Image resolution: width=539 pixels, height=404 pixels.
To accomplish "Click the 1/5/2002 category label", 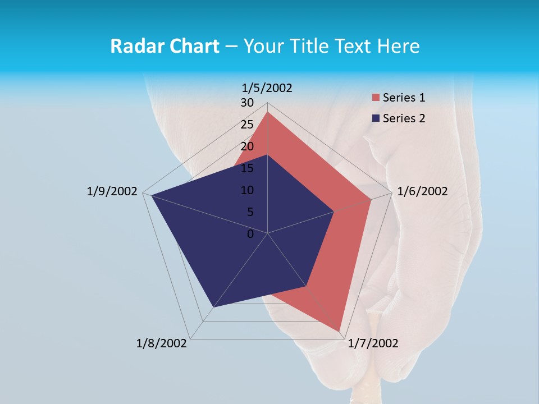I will tap(267, 88).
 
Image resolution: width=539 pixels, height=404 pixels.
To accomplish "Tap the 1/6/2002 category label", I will tap(422, 191).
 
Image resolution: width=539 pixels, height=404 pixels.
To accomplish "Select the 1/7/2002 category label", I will tap(373, 343).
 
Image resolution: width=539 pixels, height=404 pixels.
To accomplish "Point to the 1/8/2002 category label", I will tap(162, 343).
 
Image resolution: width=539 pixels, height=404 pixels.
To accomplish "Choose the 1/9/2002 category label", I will tap(112, 191).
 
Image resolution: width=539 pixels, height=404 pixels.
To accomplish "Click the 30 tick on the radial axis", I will tap(247, 103).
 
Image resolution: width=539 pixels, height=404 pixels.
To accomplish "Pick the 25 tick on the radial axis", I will tap(247, 125).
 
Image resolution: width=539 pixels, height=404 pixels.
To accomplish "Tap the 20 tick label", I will tap(247, 146).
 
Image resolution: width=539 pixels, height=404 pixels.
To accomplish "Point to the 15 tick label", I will tap(247, 168).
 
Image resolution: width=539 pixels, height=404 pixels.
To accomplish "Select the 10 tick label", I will tap(247, 190).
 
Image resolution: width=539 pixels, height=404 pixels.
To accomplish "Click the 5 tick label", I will tap(250, 212).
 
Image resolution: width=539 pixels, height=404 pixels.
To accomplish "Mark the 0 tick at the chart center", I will tap(250, 234).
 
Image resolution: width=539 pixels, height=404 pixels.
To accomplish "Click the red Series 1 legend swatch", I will tap(376, 98).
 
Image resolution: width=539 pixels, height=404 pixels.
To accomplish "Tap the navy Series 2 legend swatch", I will tap(376, 118).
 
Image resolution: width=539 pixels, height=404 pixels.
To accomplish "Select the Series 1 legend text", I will tap(404, 98).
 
